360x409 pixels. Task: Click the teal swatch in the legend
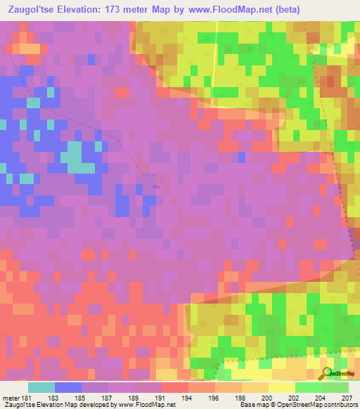pos(41,387)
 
